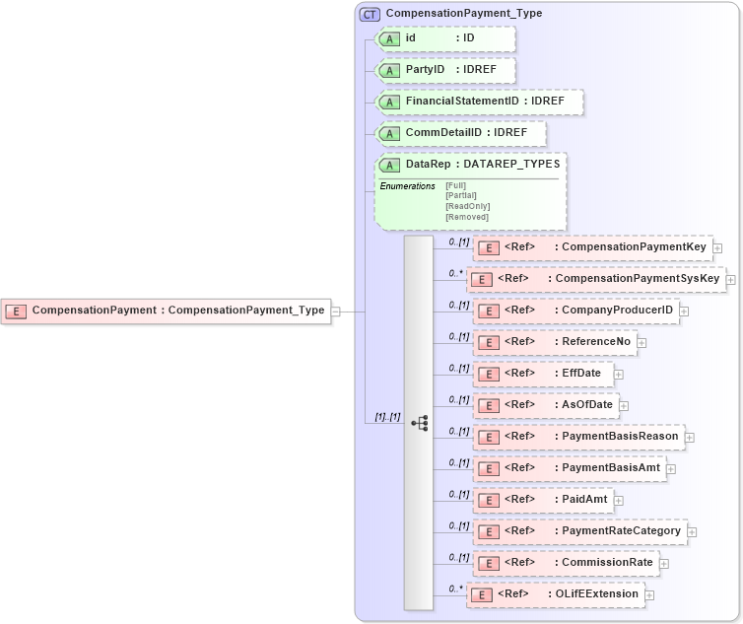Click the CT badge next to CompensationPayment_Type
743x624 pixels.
click(x=371, y=14)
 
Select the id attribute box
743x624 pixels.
click(x=446, y=38)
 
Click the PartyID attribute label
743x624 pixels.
click(x=425, y=70)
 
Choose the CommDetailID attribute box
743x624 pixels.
click(x=459, y=133)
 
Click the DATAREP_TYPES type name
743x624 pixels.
click(x=511, y=165)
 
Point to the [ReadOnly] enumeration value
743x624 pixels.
click(x=467, y=206)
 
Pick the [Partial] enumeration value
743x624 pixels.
click(x=461, y=195)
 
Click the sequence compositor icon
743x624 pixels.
click(x=419, y=424)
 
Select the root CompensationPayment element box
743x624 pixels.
click(x=166, y=311)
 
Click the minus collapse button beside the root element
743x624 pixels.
click(x=336, y=311)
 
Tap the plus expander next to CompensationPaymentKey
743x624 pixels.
click(x=717, y=247)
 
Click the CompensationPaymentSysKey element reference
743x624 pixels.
click(x=597, y=279)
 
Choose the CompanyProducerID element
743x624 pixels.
click(x=575, y=311)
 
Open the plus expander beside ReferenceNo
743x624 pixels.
click(x=642, y=342)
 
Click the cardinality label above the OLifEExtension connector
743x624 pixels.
click(x=454, y=589)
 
